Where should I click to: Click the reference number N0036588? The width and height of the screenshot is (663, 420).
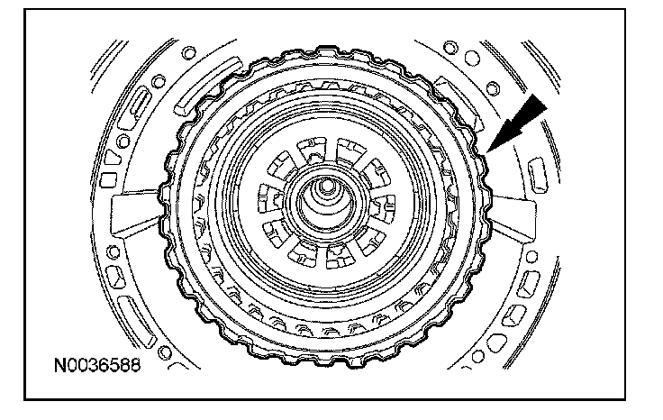96,365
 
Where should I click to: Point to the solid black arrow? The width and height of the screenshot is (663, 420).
517,123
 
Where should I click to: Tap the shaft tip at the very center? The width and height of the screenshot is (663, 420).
326,186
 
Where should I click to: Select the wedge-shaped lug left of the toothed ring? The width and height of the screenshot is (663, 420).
135,212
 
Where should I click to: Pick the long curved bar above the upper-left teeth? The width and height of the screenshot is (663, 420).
207,87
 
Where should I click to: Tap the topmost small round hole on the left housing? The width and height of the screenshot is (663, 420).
188,53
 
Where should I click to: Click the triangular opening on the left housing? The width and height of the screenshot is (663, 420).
112,158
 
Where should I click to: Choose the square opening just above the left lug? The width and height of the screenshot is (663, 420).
108,180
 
